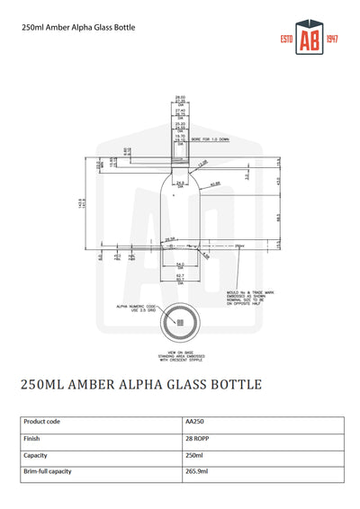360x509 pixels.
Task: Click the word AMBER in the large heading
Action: tap(101, 385)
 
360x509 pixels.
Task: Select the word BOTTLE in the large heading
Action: tap(233, 385)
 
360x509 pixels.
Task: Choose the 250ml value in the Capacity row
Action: tap(195, 455)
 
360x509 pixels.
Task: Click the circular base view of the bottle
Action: tap(180, 322)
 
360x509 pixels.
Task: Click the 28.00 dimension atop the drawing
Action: tap(180, 96)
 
